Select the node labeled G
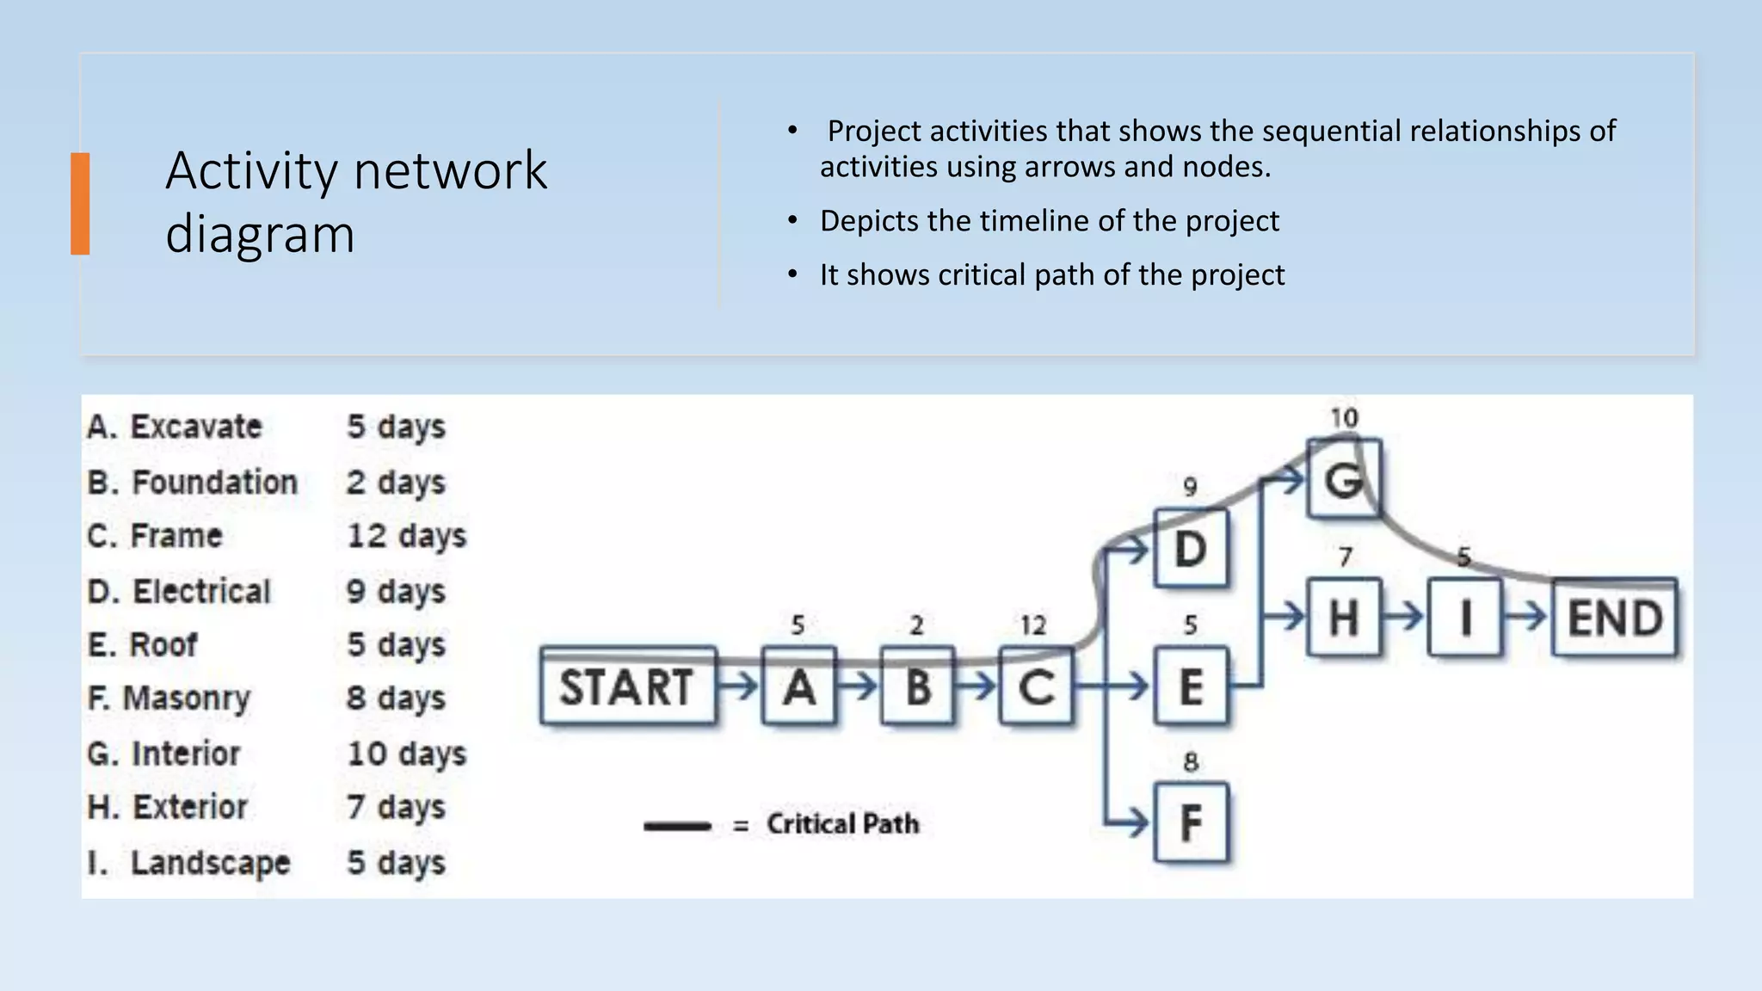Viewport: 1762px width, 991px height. pyautogui.click(x=1344, y=479)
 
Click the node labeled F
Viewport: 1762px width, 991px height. pyautogui.click(x=1191, y=823)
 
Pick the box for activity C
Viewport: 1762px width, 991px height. pyautogui.click(x=1037, y=687)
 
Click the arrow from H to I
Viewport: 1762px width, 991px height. pyautogui.click(x=1404, y=617)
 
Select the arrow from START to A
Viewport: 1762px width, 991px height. pyautogui.click(x=738, y=686)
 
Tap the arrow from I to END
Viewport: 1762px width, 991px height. pyautogui.click(x=1526, y=617)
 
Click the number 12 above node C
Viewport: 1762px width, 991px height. pyautogui.click(x=1033, y=625)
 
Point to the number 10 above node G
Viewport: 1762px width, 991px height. pyautogui.click(x=1344, y=419)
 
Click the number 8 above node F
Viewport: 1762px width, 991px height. pyautogui.click(x=1191, y=762)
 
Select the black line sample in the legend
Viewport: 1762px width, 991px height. pyautogui.click(x=677, y=827)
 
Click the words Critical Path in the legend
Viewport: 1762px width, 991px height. pyautogui.click(x=842, y=824)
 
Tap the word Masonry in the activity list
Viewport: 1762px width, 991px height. pyautogui.click(x=186, y=699)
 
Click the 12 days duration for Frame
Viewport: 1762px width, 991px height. pyautogui.click(x=406, y=536)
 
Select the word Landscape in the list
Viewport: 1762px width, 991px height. pyautogui.click(x=210, y=863)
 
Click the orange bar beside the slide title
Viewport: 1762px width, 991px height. pyautogui.click(x=80, y=204)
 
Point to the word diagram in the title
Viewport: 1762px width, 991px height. pyautogui.click(x=260, y=234)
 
